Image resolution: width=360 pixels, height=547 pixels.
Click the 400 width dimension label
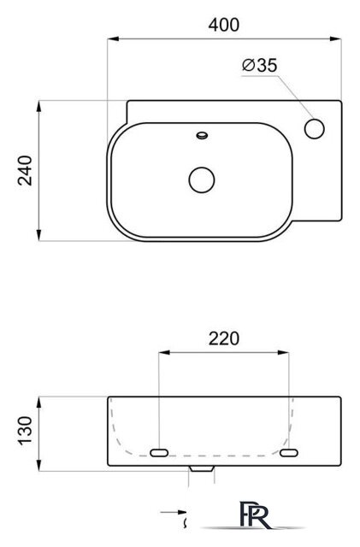tap(224, 25)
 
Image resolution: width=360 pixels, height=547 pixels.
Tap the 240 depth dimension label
tap(25, 171)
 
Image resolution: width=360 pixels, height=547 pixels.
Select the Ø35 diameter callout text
tap(260, 65)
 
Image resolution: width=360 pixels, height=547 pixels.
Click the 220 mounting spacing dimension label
tap(224, 338)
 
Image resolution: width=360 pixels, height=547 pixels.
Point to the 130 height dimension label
tap(25, 431)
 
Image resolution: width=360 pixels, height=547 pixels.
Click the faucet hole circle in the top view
tap(315, 128)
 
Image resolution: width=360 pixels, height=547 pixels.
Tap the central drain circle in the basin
tap(202, 179)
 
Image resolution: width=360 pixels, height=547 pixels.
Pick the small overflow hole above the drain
tap(202, 135)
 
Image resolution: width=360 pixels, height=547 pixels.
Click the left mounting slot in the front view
tap(159, 453)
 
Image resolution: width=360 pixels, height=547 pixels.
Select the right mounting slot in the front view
tap(289, 453)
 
